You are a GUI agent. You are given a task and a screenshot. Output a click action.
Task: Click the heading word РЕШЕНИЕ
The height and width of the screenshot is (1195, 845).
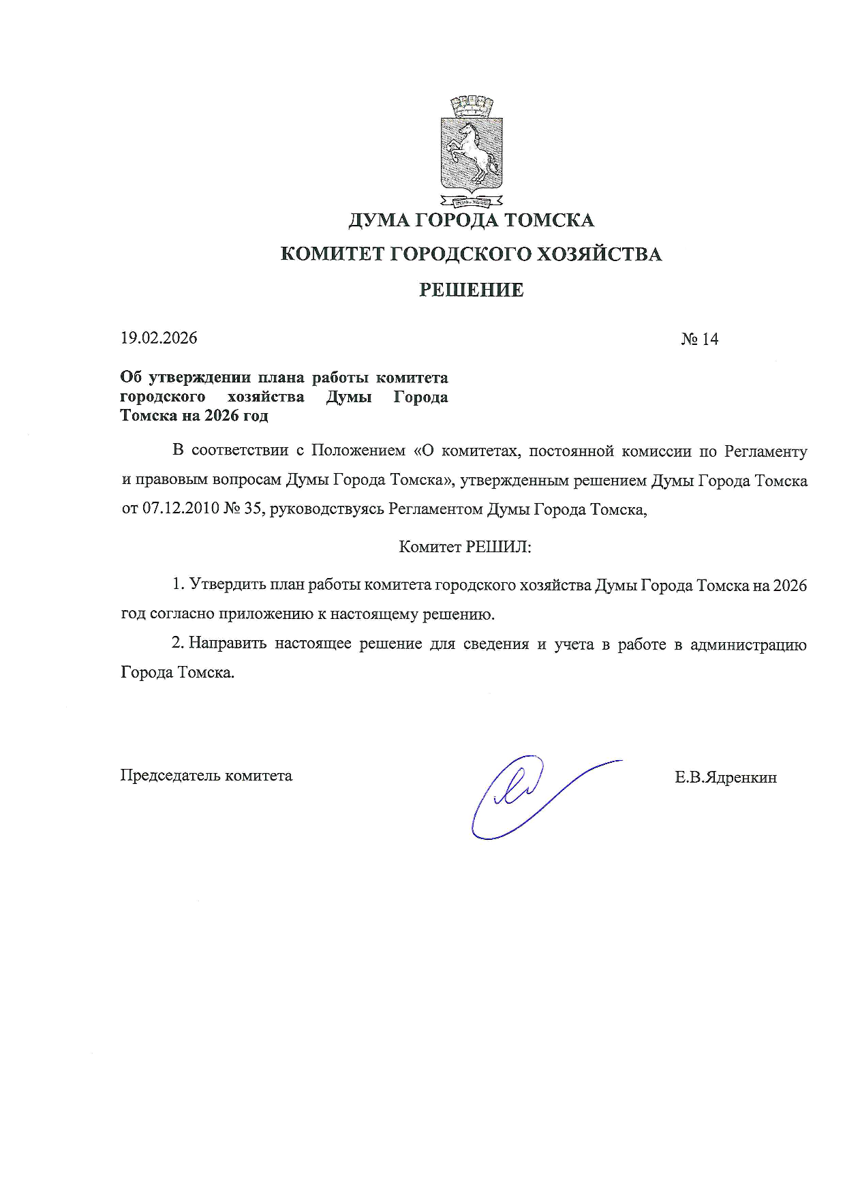(471, 290)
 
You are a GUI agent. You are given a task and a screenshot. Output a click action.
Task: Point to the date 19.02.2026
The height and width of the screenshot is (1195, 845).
(159, 338)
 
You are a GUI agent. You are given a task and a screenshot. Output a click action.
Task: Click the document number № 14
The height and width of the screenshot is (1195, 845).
(699, 339)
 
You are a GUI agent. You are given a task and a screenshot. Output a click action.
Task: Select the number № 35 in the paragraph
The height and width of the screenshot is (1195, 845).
(243, 509)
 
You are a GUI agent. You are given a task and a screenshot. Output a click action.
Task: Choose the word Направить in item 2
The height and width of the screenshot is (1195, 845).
(228, 644)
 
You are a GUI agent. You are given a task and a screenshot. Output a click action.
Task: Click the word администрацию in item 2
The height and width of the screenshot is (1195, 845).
(748, 644)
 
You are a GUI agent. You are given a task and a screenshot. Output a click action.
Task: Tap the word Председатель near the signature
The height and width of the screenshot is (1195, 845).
(170, 775)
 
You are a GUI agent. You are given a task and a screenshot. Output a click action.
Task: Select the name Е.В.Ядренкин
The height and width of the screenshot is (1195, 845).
(726, 777)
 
